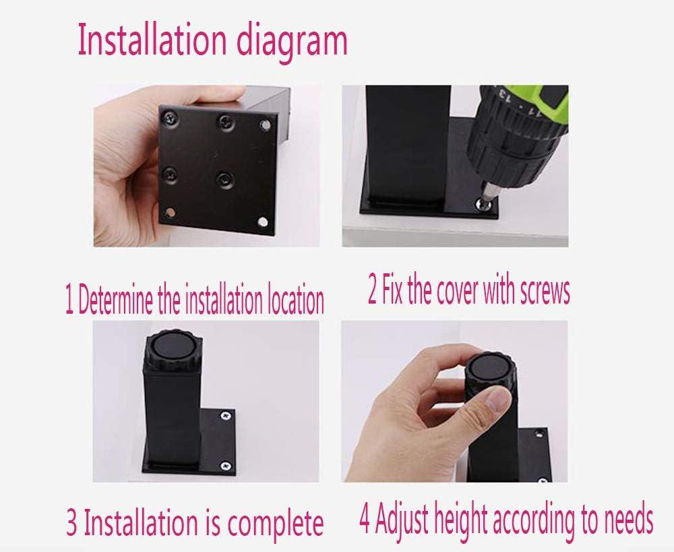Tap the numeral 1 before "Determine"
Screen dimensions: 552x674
(x=69, y=300)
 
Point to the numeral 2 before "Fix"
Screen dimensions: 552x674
(x=373, y=291)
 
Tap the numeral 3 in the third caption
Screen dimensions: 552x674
(x=72, y=522)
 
